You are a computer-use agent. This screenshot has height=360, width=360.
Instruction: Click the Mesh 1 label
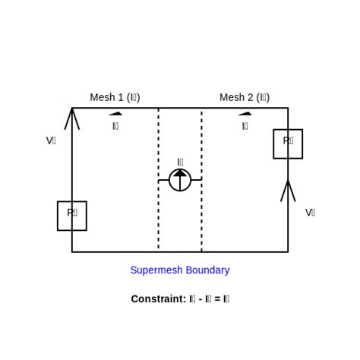(115, 97)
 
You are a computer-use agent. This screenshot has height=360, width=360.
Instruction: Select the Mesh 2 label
(245, 97)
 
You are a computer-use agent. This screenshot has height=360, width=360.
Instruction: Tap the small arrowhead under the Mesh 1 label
(115, 114)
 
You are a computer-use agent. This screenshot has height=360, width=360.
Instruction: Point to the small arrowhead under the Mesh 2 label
(245, 114)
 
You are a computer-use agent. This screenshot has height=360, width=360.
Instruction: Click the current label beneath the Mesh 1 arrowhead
(115, 126)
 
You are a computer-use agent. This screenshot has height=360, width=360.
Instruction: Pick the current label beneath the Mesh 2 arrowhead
(245, 126)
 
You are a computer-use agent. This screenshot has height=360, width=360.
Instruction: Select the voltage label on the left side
(51, 141)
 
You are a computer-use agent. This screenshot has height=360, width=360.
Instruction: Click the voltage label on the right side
(310, 213)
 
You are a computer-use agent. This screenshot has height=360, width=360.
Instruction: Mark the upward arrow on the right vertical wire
(288, 191)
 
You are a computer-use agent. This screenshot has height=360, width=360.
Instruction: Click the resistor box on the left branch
(72, 216)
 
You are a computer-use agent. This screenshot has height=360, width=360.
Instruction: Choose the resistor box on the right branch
(288, 144)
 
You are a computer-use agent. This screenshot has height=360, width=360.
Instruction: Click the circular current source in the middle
(180, 181)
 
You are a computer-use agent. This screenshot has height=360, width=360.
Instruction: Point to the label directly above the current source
(180, 162)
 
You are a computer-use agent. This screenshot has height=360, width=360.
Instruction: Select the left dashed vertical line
(159, 220)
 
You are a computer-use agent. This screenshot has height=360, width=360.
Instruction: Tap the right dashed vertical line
(201, 220)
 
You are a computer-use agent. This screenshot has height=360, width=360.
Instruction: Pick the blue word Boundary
(208, 270)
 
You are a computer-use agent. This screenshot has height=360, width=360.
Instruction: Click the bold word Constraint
(158, 299)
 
